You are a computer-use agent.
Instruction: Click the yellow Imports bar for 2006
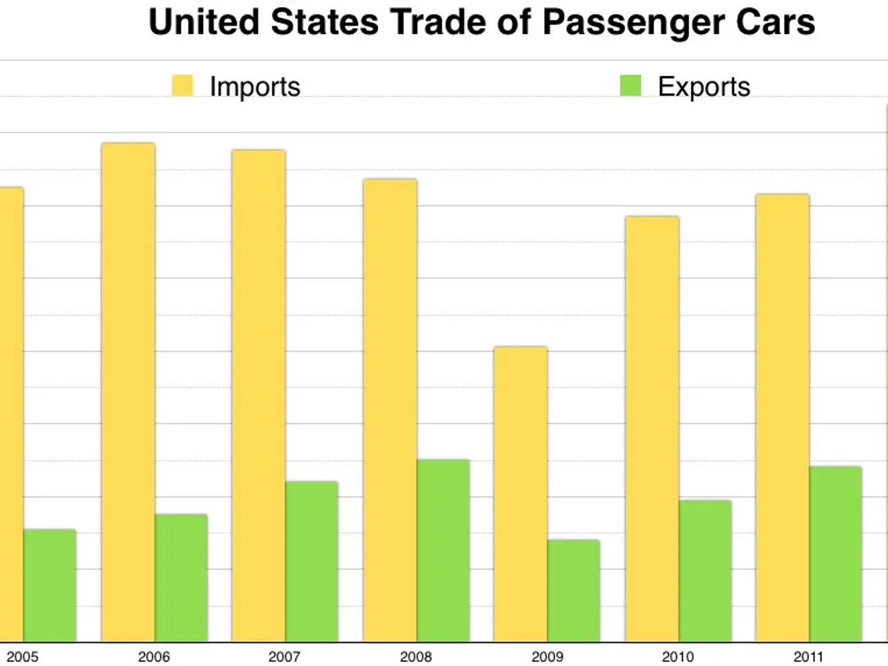point(128,392)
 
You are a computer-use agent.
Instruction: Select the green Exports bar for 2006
point(181,578)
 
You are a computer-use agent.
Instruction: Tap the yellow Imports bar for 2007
point(259,395)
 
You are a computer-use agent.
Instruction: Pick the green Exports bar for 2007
point(311,561)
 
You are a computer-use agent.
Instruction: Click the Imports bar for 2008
point(390,410)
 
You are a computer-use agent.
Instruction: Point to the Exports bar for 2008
point(443,550)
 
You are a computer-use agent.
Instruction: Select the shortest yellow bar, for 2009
point(520,494)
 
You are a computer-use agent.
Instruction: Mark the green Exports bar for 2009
point(574,590)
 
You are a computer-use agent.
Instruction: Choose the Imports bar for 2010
point(652,429)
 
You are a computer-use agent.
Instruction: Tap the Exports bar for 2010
point(705,571)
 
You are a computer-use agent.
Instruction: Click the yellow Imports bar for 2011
point(783,418)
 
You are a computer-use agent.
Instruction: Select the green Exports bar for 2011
point(835,554)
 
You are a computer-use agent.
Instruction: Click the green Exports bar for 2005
point(50,586)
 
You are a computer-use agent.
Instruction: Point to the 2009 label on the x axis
point(547,656)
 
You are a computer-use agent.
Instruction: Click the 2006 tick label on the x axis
point(153,656)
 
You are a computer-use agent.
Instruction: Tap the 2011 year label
point(808,656)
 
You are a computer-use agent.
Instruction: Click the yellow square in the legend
point(182,86)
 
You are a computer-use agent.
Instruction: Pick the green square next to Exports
point(631,86)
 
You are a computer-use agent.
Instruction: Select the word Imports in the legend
point(255,87)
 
